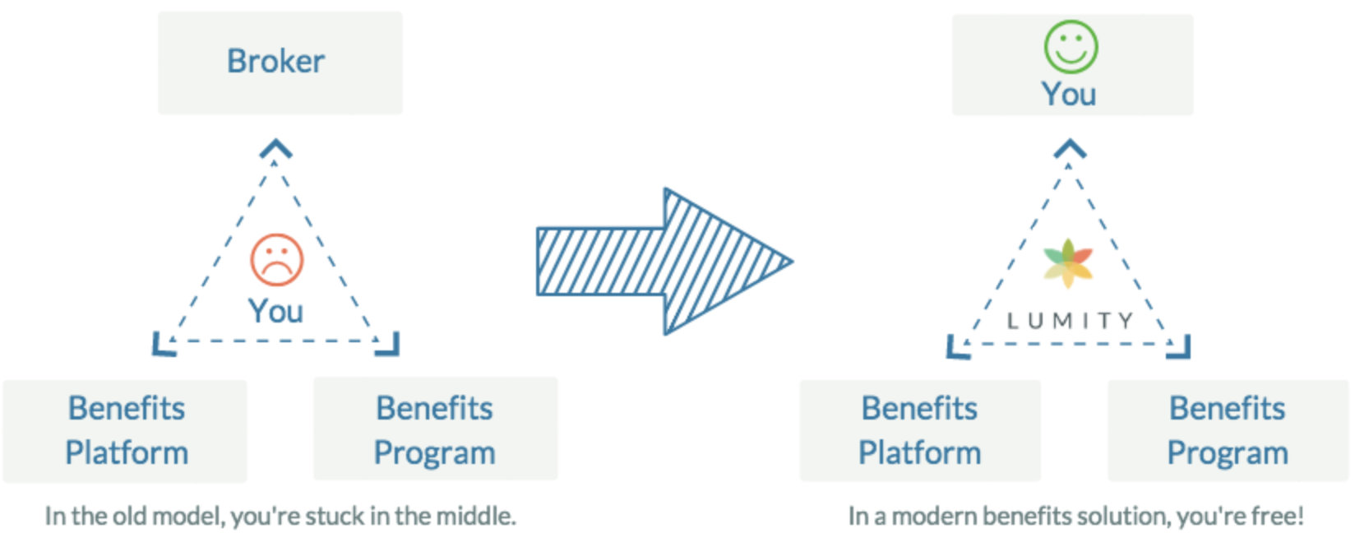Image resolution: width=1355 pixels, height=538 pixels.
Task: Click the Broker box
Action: (x=280, y=63)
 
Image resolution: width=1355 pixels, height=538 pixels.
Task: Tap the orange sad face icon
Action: (x=277, y=260)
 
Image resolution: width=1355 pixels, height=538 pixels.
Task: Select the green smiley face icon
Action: (x=1071, y=47)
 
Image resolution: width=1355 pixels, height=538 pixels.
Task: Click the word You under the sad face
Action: (x=275, y=312)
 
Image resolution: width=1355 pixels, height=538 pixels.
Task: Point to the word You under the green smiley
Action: (x=1069, y=95)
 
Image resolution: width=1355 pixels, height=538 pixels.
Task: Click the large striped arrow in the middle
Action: (x=664, y=262)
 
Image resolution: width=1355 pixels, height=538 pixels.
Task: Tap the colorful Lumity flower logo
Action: (x=1068, y=263)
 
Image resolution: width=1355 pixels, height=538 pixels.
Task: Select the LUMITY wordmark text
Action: (x=1070, y=320)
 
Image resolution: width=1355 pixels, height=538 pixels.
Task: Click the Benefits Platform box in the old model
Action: (x=125, y=431)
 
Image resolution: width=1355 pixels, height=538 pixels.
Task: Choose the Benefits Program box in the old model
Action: (x=436, y=429)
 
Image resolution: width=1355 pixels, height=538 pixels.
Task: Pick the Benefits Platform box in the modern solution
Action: (x=920, y=431)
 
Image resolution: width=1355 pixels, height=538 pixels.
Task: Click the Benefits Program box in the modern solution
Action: (x=1228, y=431)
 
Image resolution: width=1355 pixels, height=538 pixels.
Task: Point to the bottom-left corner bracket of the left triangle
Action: (x=164, y=345)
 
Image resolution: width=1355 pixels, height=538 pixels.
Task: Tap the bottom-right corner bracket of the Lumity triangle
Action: (x=1178, y=347)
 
